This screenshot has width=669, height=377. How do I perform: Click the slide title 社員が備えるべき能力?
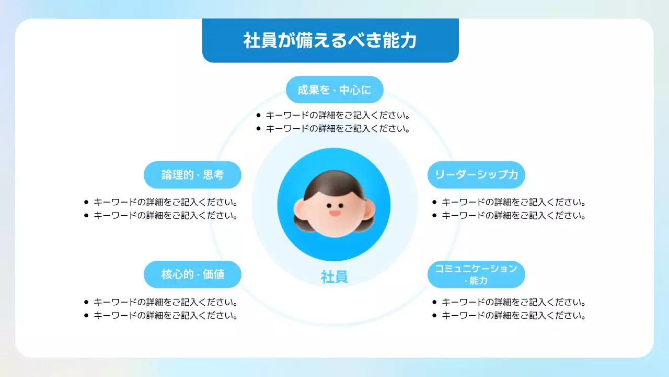point(330,40)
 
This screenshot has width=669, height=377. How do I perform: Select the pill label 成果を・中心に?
point(334,90)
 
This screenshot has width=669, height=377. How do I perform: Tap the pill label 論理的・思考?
point(192,175)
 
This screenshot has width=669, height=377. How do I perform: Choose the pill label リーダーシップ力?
point(476,175)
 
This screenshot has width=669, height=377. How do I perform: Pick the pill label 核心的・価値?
point(192,274)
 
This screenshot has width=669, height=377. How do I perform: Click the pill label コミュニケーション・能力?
point(476,274)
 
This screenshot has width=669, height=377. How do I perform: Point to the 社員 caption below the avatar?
point(334,277)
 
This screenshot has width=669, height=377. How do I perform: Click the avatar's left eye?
point(328,205)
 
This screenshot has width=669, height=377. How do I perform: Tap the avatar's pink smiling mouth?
point(334,213)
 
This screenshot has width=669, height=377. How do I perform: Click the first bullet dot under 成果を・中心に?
point(258,115)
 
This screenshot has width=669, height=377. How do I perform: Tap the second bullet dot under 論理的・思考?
point(86,215)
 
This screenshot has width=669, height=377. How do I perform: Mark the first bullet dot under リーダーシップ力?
point(434,202)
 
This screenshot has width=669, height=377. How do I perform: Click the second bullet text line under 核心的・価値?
point(166,316)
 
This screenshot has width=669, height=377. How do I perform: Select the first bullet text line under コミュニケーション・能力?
point(513,302)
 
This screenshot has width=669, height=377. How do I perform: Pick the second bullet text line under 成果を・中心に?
point(338,128)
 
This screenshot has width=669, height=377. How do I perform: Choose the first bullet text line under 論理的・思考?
point(166,202)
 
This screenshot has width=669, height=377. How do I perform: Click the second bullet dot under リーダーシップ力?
point(434,215)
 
